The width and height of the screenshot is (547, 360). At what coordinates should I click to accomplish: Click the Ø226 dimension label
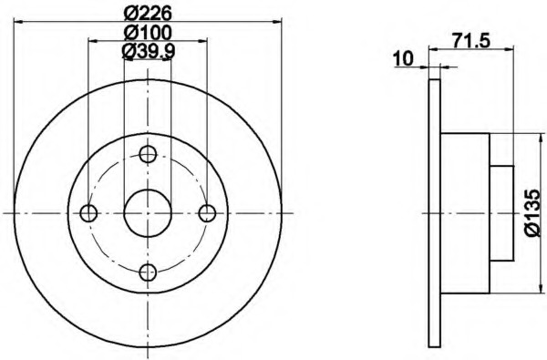(x=149, y=14)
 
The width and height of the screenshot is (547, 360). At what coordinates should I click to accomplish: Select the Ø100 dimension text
(x=149, y=33)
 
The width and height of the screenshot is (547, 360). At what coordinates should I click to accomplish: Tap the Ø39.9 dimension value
(x=149, y=51)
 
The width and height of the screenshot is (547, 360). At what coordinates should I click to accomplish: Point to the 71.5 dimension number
(x=471, y=40)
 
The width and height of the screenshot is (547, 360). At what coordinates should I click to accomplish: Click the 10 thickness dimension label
(x=403, y=58)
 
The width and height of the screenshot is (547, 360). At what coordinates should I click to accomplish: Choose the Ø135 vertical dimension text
(x=533, y=213)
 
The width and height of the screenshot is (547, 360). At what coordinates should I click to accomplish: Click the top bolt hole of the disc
(x=148, y=154)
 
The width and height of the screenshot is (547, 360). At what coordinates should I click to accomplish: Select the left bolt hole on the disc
(x=88, y=213)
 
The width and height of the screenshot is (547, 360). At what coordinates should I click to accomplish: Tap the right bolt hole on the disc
(x=207, y=213)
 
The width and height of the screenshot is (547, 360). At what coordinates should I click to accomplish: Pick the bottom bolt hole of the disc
(x=148, y=273)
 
